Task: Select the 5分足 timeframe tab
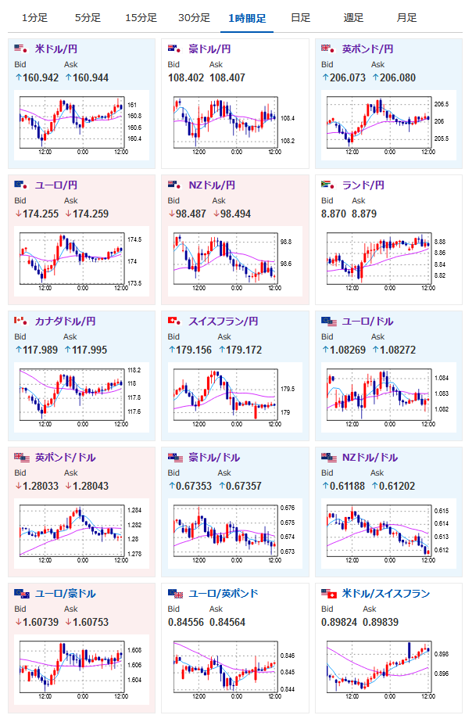(x=88, y=18)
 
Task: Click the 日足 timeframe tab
(x=301, y=18)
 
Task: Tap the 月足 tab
(x=406, y=18)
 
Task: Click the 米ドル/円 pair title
(x=56, y=49)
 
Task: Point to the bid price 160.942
(x=41, y=78)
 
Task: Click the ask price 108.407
(x=227, y=78)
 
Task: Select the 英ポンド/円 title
(x=367, y=49)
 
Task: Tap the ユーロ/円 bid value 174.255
(x=41, y=214)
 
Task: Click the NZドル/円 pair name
(x=212, y=185)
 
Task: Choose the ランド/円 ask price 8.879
(x=364, y=214)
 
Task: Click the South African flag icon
(x=328, y=184)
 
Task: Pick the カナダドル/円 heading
(x=65, y=321)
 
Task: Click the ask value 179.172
(x=244, y=350)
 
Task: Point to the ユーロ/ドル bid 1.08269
(x=348, y=350)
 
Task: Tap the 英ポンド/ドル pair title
(x=65, y=458)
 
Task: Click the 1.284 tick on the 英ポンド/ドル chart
(x=134, y=510)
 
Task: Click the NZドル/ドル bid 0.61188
(x=347, y=486)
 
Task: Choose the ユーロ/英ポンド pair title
(x=224, y=593)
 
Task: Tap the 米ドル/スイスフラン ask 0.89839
(x=381, y=623)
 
